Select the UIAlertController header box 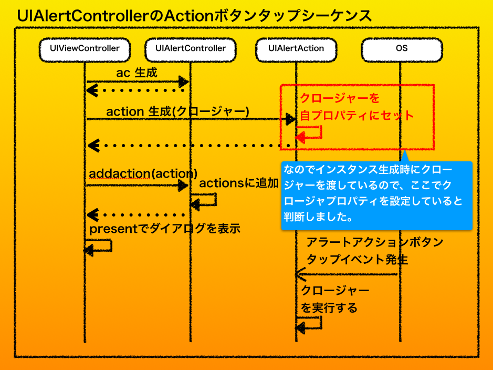(x=191, y=48)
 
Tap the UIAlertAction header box (x=296, y=48)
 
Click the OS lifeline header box (x=401, y=48)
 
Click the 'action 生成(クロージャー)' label (x=177, y=111)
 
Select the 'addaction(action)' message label (x=143, y=173)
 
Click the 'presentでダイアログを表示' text (x=164, y=229)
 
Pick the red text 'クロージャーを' (x=339, y=98)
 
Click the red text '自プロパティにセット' (x=357, y=115)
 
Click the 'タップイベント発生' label (x=357, y=260)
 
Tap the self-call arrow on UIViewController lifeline (x=100, y=246)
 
